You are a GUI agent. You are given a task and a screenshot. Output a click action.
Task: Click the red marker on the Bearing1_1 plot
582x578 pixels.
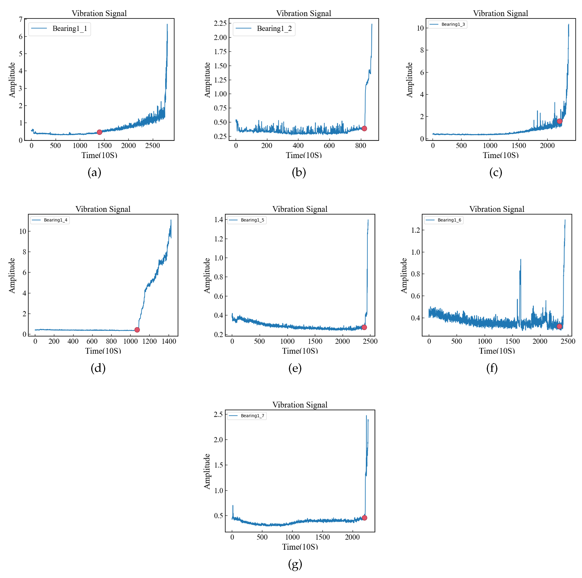pyautogui.click(x=99, y=132)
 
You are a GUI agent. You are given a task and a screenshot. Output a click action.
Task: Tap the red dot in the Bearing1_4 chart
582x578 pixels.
pyautogui.click(x=137, y=330)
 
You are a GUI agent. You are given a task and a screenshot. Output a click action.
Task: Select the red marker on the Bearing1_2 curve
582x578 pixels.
pyautogui.click(x=364, y=128)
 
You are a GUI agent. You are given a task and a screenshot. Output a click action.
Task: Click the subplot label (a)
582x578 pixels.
pyautogui.click(x=94, y=173)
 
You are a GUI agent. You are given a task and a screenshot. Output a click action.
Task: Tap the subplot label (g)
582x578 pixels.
pyautogui.click(x=295, y=564)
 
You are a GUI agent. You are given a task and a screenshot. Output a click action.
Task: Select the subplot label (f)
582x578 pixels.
pyautogui.click(x=492, y=368)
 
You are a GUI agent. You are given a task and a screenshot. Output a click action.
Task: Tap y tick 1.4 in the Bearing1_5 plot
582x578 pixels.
pyautogui.click(x=219, y=220)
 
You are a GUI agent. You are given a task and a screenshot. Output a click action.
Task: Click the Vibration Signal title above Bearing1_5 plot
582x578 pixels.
pyautogui.click(x=300, y=209)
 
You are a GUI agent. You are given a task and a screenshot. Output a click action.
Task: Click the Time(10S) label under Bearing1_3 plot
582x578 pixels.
pyautogui.click(x=501, y=155)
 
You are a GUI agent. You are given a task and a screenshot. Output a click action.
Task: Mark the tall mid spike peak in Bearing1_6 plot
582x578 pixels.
pyautogui.click(x=521, y=260)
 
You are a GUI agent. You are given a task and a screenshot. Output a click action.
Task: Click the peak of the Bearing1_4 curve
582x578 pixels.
pyautogui.click(x=171, y=220)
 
